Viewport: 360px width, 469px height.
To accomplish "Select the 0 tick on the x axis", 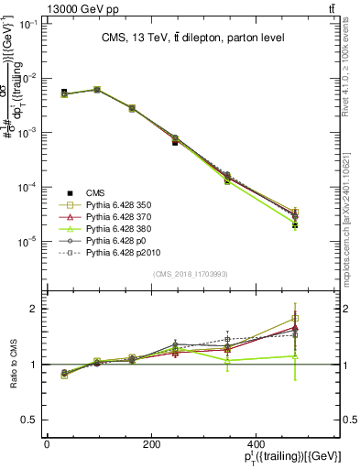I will (47, 443).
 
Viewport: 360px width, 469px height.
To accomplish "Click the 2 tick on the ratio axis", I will (35, 309).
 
